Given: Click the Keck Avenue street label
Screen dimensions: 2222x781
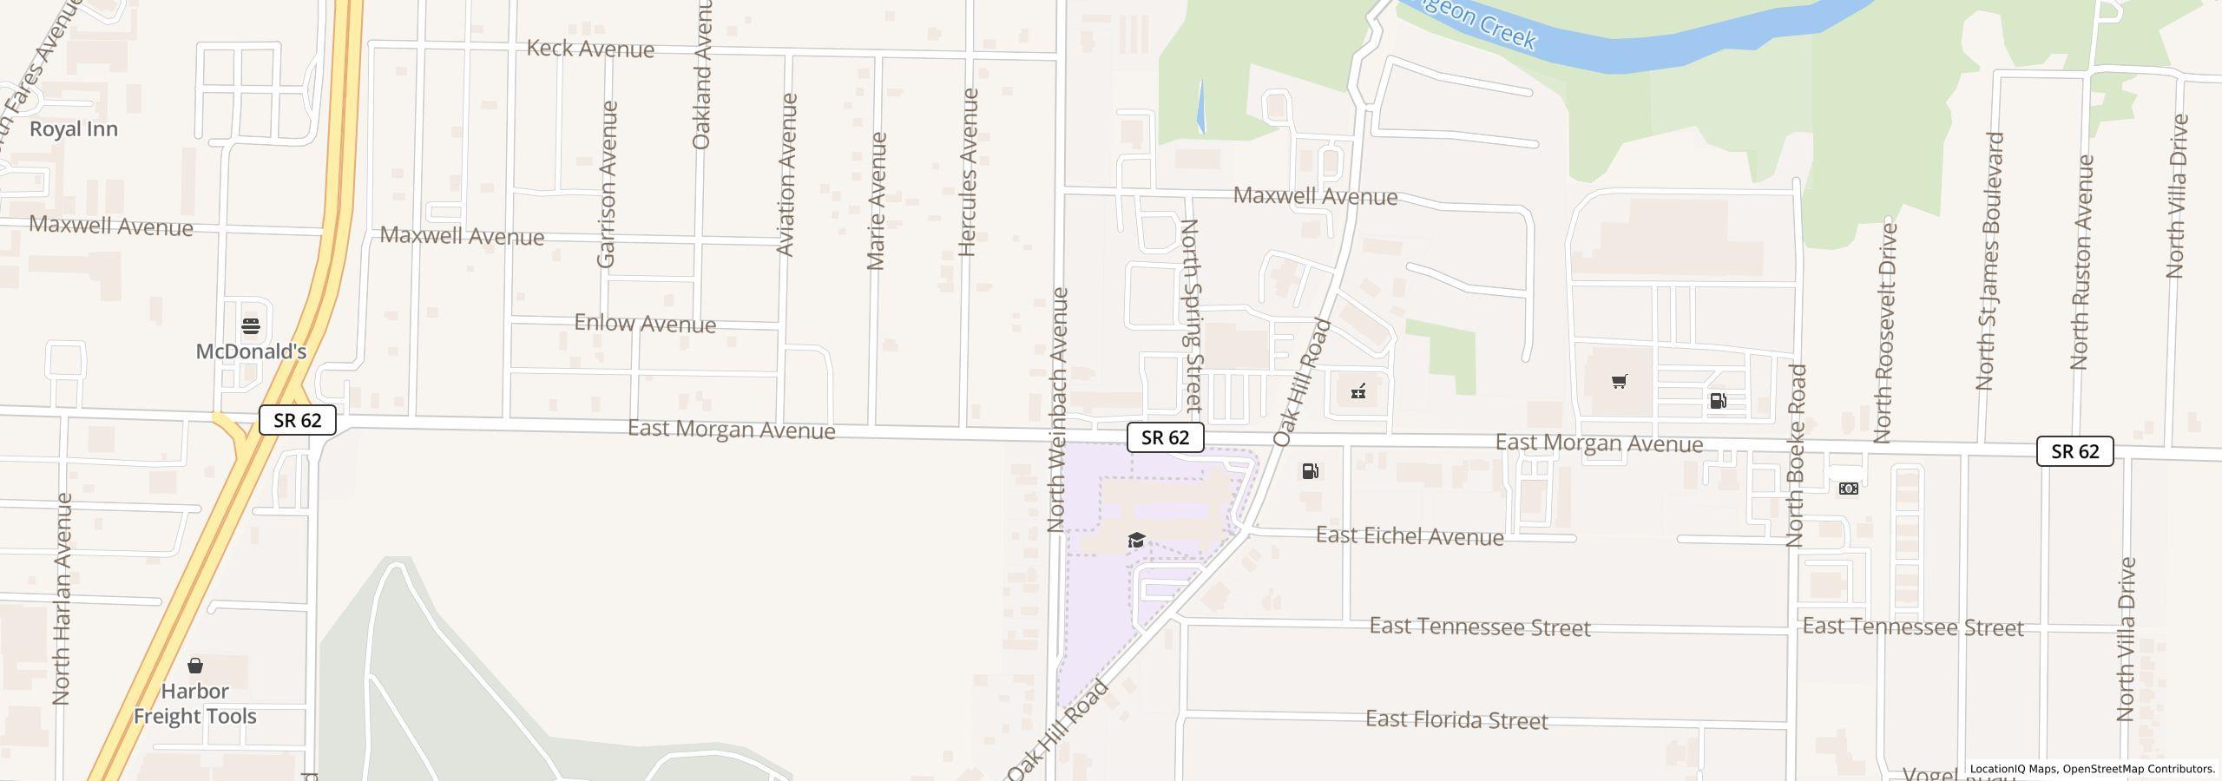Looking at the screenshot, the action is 590,49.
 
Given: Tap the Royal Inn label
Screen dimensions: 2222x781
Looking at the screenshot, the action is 74,128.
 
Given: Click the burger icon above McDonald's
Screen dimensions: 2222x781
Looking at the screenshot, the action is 251,326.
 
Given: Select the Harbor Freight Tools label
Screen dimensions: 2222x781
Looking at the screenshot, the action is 194,704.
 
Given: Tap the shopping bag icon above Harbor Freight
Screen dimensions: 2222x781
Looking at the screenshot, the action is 195,666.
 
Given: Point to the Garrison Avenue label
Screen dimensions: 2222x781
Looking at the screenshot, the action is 607,184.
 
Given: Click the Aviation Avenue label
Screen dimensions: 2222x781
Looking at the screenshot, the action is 786,174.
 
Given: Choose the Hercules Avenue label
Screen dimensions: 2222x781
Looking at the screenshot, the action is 969,172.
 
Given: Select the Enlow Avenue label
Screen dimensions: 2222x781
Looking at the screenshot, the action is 645,324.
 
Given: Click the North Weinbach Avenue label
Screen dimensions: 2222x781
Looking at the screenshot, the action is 1057,410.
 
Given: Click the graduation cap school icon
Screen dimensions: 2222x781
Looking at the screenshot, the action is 1136,541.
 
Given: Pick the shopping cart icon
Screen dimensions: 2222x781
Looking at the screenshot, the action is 1619,382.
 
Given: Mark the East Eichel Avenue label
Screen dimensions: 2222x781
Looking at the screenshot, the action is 1410,536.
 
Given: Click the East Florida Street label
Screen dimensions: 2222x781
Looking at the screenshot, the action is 1456,720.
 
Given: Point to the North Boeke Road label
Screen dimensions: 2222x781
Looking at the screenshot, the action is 1796,456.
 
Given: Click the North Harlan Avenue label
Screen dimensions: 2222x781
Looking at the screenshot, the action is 62,599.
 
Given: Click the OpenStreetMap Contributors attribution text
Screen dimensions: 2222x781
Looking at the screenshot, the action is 2139,769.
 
